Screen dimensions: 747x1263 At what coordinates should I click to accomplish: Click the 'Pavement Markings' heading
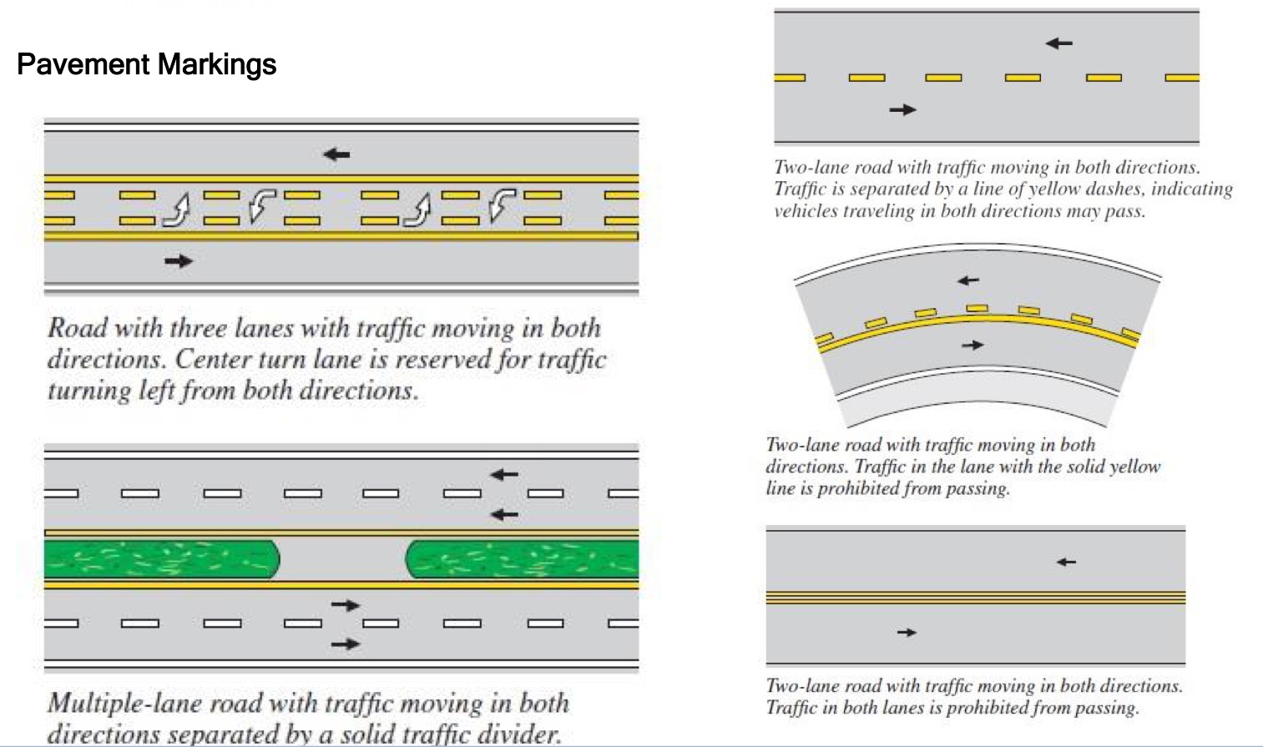[x=146, y=64]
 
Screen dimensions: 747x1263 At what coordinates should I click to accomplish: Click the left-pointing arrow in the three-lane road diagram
[x=336, y=154]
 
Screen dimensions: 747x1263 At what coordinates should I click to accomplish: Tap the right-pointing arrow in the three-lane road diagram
[x=179, y=261]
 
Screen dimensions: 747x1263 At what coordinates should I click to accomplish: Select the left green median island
[x=161, y=558]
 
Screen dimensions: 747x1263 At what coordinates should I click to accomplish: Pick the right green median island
[x=522, y=558]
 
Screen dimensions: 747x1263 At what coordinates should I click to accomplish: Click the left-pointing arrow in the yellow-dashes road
[x=1058, y=43]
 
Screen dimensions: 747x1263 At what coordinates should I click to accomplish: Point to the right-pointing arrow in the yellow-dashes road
[x=902, y=109]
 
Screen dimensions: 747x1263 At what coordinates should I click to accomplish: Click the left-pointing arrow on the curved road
[x=968, y=280]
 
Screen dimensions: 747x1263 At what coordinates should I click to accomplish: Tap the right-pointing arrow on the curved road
[x=973, y=345]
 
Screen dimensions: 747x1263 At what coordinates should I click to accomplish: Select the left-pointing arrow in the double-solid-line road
[x=1066, y=563]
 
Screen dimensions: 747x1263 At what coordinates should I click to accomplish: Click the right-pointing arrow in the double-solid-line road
[x=907, y=633]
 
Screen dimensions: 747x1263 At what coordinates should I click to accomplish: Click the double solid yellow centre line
[x=975, y=598]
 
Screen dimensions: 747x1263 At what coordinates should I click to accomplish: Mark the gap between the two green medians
[x=342, y=558]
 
